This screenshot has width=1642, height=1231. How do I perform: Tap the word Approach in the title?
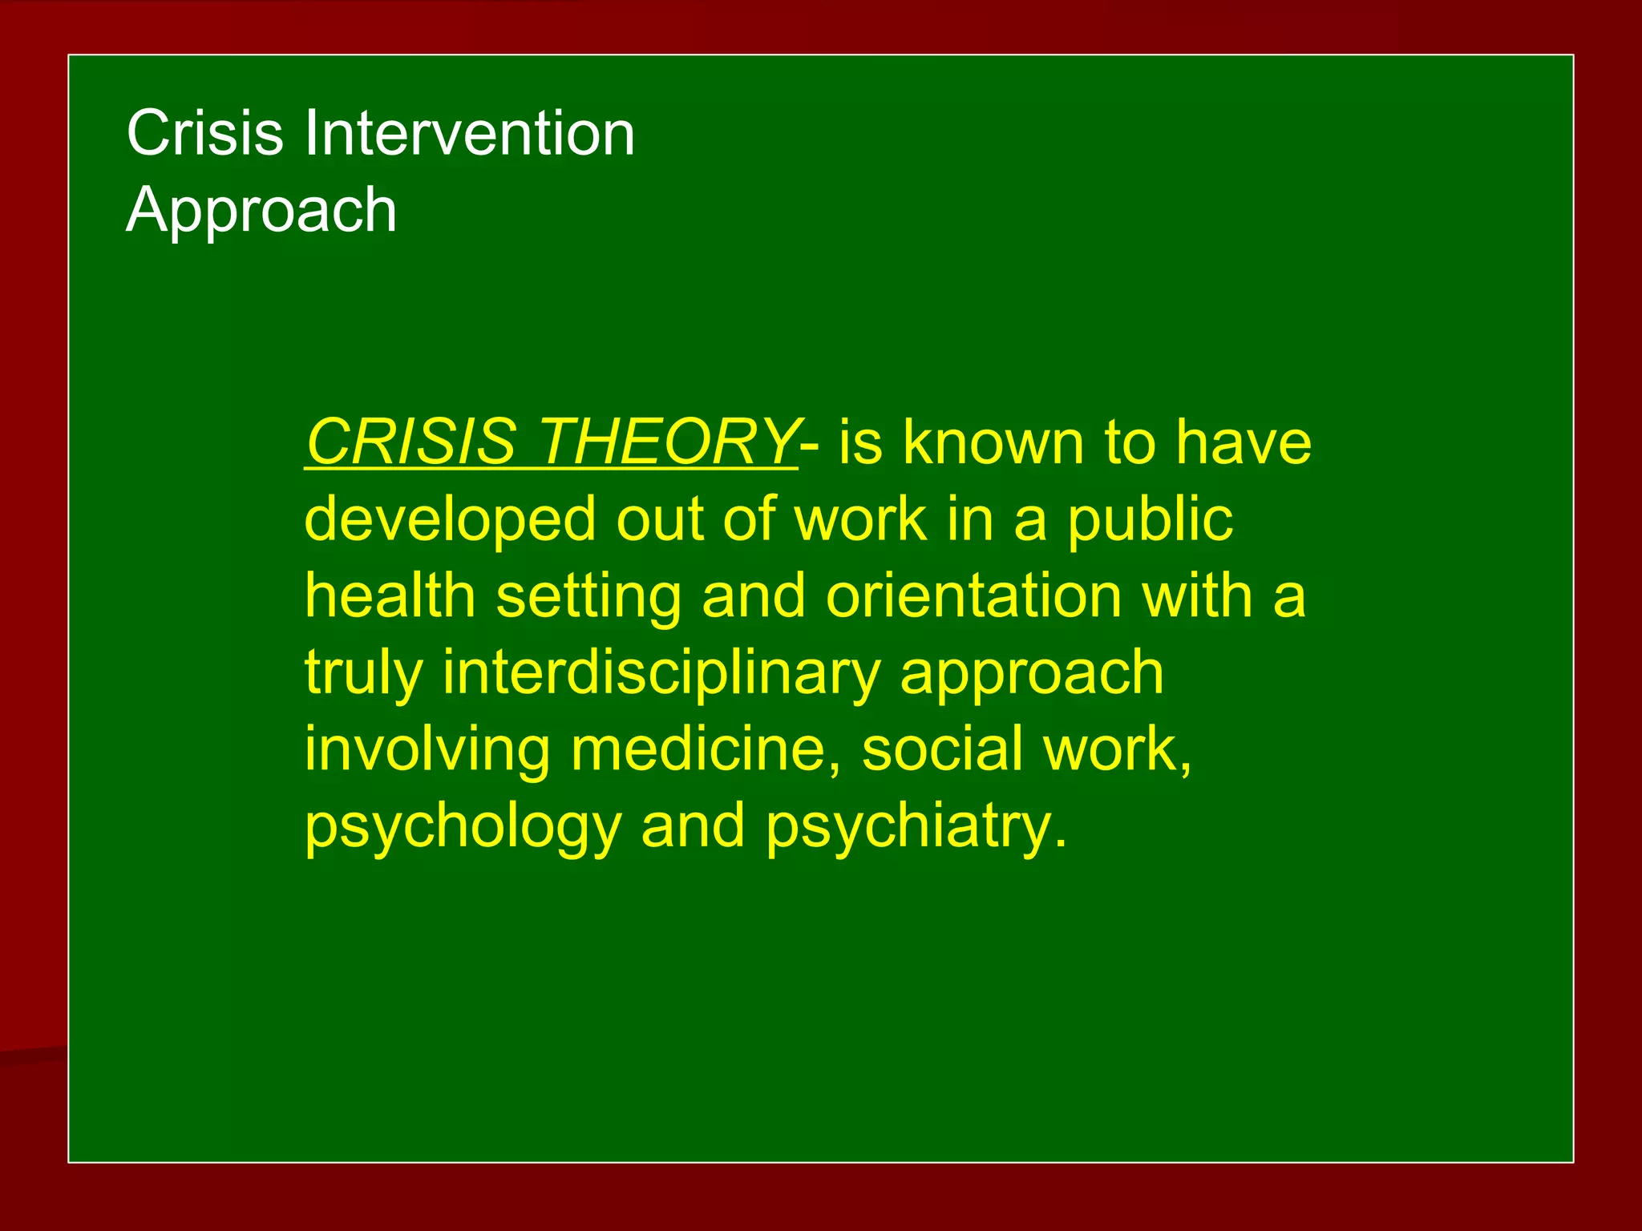click(261, 210)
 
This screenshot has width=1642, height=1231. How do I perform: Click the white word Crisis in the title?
click(204, 133)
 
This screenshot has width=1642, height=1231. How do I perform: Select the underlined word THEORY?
click(667, 442)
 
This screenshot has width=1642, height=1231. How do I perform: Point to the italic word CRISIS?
click(411, 442)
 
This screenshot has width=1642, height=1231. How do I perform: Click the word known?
click(993, 442)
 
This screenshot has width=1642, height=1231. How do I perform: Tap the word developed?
click(451, 519)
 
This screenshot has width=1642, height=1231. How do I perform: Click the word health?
click(390, 595)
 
